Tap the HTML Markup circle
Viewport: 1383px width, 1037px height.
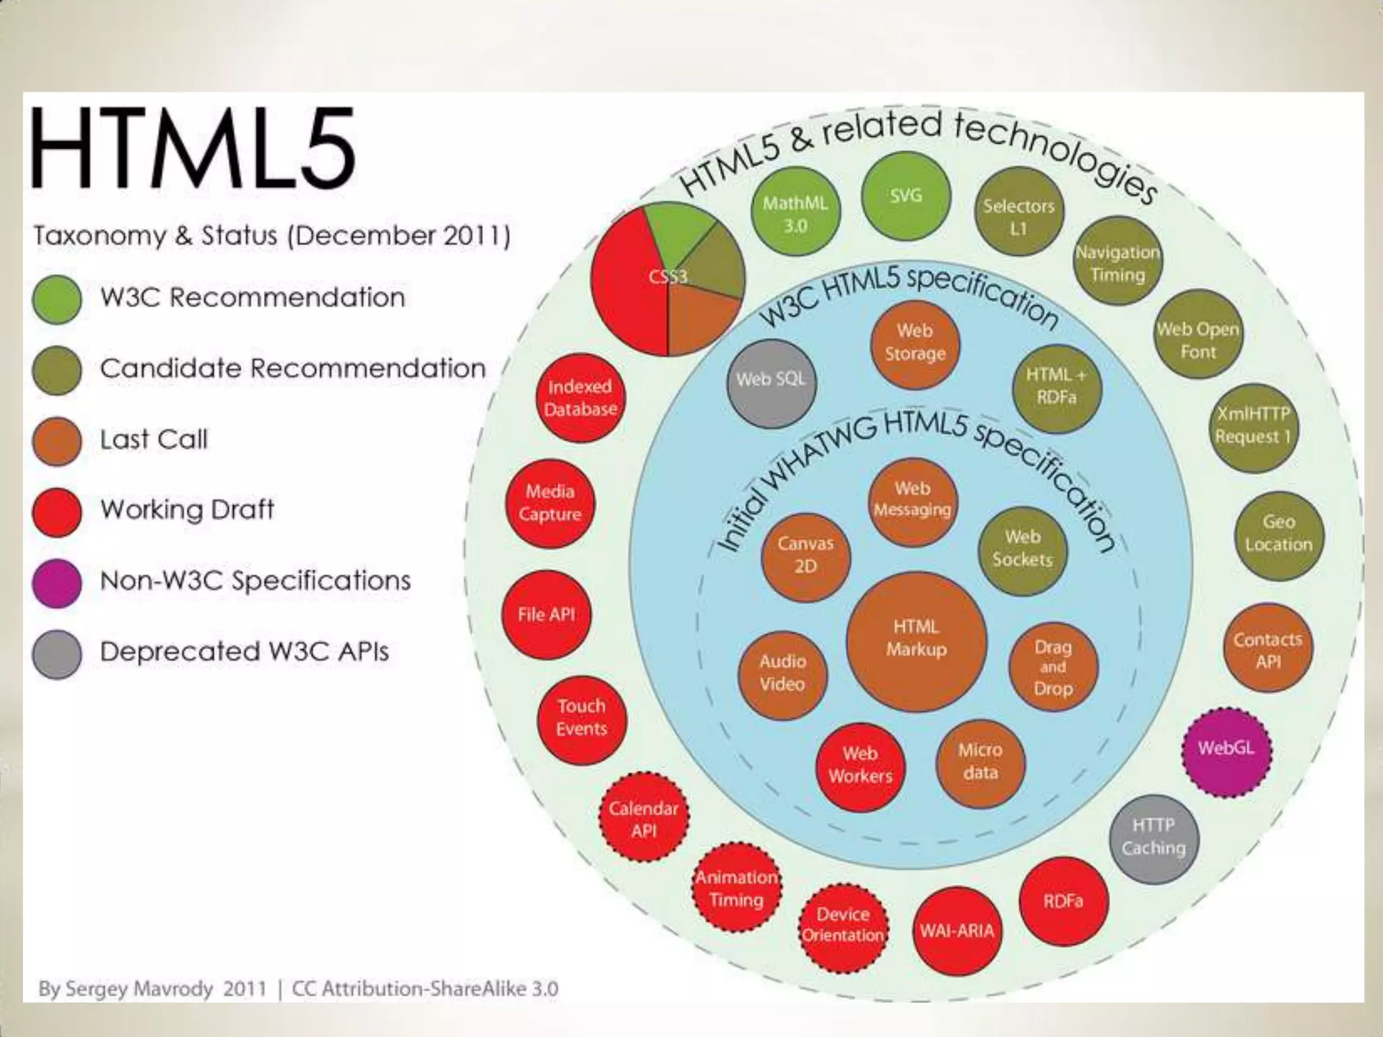[x=916, y=641]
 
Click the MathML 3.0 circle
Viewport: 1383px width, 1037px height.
[x=795, y=215]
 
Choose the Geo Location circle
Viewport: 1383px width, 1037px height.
[x=1278, y=535]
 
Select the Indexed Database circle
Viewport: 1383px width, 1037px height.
[x=581, y=398]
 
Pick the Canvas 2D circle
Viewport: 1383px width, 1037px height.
[x=806, y=556]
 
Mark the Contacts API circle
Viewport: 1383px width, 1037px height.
[x=1268, y=649]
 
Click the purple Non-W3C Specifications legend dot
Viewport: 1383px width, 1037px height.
[x=57, y=583]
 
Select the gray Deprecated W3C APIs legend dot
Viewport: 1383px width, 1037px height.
[x=57, y=654]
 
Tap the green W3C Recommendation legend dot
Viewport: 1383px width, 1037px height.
[x=57, y=299]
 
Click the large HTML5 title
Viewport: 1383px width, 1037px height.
[x=193, y=149]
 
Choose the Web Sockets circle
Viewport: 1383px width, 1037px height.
[x=1022, y=550]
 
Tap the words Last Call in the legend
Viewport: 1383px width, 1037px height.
[x=154, y=440]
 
